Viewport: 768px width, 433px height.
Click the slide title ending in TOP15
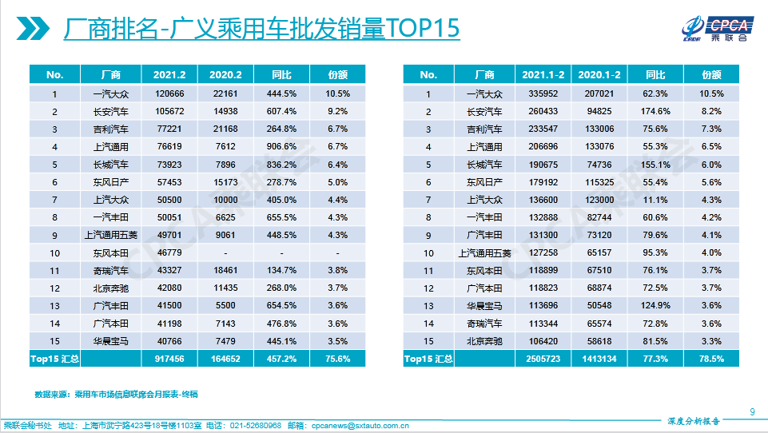(261, 29)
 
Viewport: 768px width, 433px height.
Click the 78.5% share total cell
(711, 359)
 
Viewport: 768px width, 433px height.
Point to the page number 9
(752, 412)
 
